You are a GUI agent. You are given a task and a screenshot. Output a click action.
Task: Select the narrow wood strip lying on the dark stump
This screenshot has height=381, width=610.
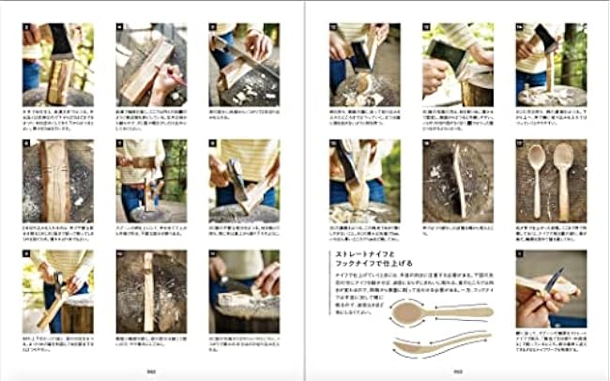coord(147,291)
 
